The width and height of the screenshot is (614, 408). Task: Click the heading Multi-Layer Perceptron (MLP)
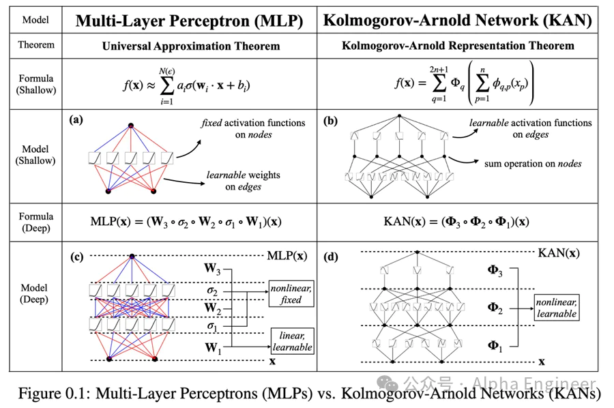tap(189, 20)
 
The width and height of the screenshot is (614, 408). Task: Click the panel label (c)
tap(76, 257)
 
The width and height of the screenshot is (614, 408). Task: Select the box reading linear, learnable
tap(292, 342)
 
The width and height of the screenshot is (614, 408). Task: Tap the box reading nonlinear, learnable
tap(557, 308)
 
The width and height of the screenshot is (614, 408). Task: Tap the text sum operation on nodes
tap(533, 164)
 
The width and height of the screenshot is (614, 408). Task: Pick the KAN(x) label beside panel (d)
tap(559, 252)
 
